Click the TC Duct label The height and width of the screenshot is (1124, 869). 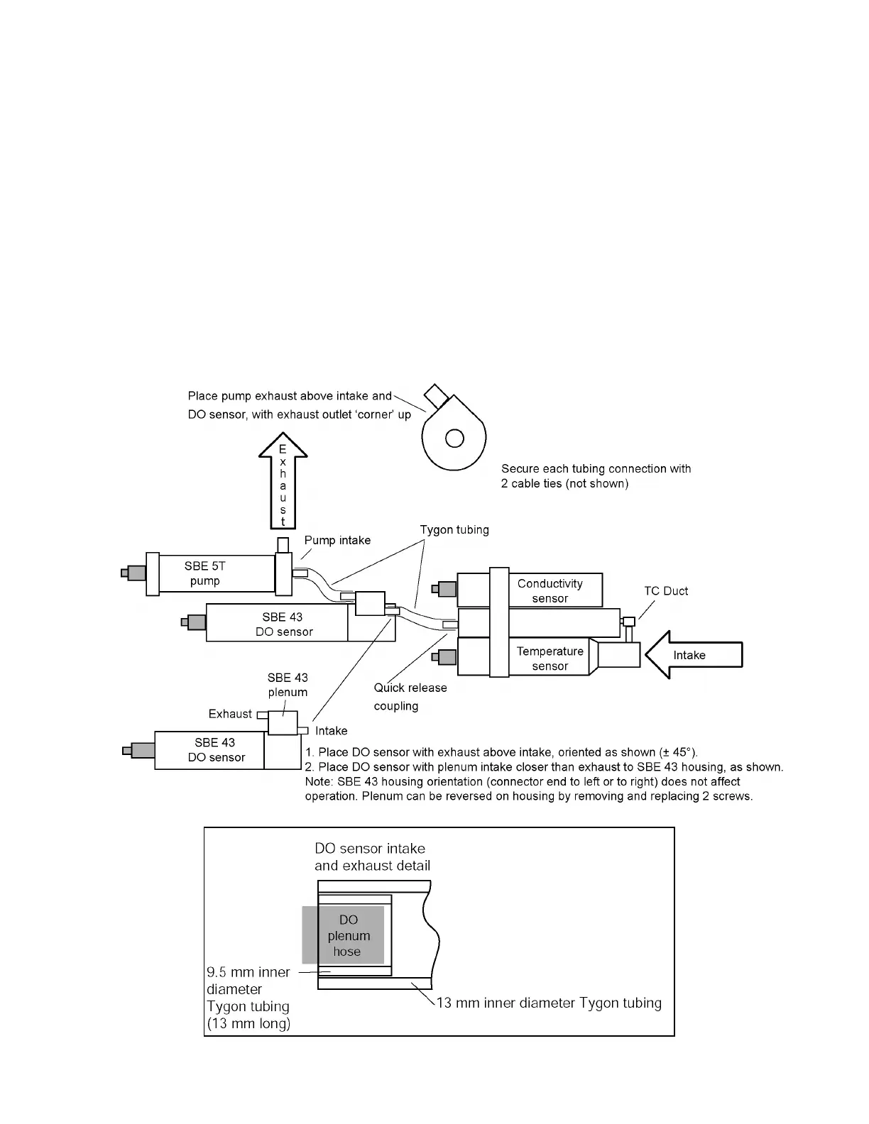point(665,591)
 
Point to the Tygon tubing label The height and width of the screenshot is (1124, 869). point(454,530)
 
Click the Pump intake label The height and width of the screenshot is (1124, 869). point(337,541)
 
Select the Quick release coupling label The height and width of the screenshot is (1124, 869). point(410,697)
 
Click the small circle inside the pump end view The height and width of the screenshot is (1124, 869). point(454,439)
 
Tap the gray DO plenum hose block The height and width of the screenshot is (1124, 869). point(344,935)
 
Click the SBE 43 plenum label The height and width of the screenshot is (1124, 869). point(288,685)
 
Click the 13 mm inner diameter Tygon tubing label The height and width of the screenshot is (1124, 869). point(549,1003)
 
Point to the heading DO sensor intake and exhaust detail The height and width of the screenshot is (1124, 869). point(372,856)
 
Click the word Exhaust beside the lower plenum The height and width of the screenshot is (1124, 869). point(230,714)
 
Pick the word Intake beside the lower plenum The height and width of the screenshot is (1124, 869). point(331,731)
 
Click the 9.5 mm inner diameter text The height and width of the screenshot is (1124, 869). point(248,972)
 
